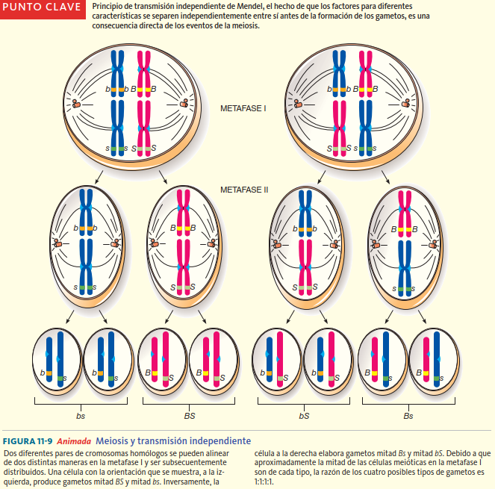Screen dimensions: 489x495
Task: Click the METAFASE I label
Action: (243, 108)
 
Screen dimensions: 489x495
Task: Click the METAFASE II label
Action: (244, 190)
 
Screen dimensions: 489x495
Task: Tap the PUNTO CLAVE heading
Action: (41, 7)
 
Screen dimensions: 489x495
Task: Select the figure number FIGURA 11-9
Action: (28, 441)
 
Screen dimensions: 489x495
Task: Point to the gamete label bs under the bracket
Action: (80, 415)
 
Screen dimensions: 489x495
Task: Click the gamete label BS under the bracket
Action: (190, 415)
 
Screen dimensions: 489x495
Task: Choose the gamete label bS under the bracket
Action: (303, 415)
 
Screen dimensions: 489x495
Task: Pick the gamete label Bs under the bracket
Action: (408, 415)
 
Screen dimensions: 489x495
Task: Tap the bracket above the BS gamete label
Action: (190, 402)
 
